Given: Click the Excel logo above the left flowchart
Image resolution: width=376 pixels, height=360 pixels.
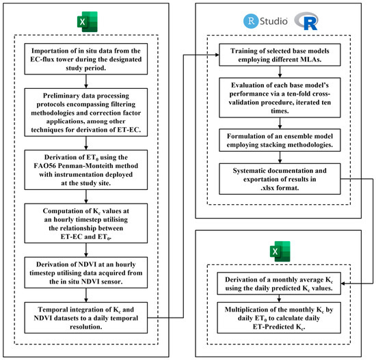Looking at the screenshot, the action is pyautogui.click(x=88, y=22).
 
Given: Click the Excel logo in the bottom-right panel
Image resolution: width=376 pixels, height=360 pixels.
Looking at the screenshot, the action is pyautogui.click(x=280, y=251).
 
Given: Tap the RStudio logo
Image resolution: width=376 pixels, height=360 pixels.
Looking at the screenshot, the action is pyautogui.click(x=265, y=21).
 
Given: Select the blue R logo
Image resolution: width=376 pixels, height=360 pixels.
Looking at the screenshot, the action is pyautogui.click(x=306, y=21).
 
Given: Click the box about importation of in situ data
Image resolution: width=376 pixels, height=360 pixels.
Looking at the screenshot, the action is pyautogui.click(x=86, y=59).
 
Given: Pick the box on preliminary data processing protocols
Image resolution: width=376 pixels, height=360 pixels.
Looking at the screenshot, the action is pyautogui.click(x=86, y=113).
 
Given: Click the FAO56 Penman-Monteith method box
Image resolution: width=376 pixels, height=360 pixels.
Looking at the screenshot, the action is pyautogui.click(x=86, y=170).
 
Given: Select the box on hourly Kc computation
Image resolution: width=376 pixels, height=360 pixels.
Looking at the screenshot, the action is pyautogui.click(x=86, y=223).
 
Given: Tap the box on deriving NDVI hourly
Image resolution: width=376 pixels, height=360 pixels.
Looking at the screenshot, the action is pyautogui.click(x=86, y=273).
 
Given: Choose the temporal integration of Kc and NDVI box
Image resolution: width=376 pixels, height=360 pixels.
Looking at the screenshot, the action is pyautogui.click(x=86, y=318).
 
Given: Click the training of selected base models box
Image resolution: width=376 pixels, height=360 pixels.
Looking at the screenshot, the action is pyautogui.click(x=280, y=55).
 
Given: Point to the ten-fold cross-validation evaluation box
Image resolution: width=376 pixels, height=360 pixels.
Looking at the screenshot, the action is pyautogui.click(x=280, y=98).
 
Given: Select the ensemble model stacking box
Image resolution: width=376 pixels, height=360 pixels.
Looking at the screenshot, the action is pyautogui.click(x=280, y=140).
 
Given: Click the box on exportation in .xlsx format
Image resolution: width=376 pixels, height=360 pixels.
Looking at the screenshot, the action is pyautogui.click(x=280, y=179).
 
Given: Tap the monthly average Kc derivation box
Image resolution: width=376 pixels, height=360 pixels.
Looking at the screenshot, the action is pyautogui.click(x=279, y=283).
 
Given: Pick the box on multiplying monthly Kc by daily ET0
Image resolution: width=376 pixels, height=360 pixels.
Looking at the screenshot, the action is pyautogui.click(x=279, y=318).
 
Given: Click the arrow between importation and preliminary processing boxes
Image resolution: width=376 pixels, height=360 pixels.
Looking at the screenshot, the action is pyautogui.click(x=86, y=81).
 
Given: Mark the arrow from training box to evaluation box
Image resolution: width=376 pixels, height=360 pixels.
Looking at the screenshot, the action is pyautogui.click(x=280, y=72).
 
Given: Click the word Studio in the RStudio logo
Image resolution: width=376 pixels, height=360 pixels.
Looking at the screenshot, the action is pyautogui.click(x=273, y=21).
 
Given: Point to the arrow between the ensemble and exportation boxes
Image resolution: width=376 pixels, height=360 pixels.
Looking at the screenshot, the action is pyautogui.click(x=280, y=158).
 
